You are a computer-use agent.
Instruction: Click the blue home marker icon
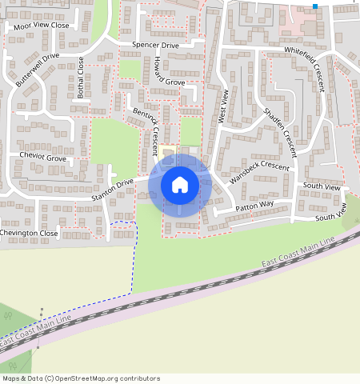[180, 185]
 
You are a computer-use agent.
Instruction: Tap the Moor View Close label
[48, 26]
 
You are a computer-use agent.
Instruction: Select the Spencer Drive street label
[155, 46]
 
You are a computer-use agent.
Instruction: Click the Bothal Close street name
[80, 75]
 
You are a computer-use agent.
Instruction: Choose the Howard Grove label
[164, 82]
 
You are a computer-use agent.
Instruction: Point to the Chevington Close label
[29, 233]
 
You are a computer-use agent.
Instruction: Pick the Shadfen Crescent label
[279, 126]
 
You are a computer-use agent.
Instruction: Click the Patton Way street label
[254, 206]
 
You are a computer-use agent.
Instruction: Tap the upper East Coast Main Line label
[297, 254]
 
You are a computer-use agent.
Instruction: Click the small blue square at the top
[315, 6]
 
